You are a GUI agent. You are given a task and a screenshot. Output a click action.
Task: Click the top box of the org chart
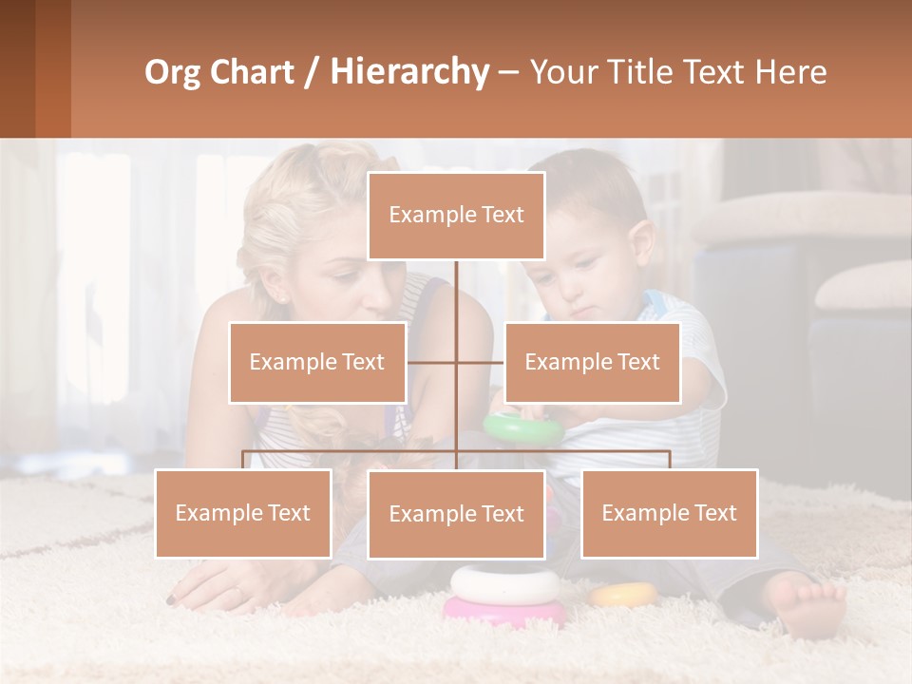(x=456, y=216)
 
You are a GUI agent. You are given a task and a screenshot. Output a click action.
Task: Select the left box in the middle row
(x=317, y=362)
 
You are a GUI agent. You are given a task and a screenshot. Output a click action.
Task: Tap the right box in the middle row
(x=592, y=362)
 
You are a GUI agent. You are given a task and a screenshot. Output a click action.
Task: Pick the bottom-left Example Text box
(x=243, y=513)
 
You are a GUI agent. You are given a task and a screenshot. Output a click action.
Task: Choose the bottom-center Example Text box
(x=456, y=514)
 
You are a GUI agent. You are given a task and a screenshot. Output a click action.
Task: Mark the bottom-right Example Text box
(x=669, y=513)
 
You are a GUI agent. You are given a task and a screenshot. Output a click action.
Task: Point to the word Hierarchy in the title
(x=409, y=72)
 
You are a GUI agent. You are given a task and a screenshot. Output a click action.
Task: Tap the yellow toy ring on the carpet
(x=624, y=595)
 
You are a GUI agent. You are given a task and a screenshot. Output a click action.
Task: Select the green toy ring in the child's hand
(x=522, y=427)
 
